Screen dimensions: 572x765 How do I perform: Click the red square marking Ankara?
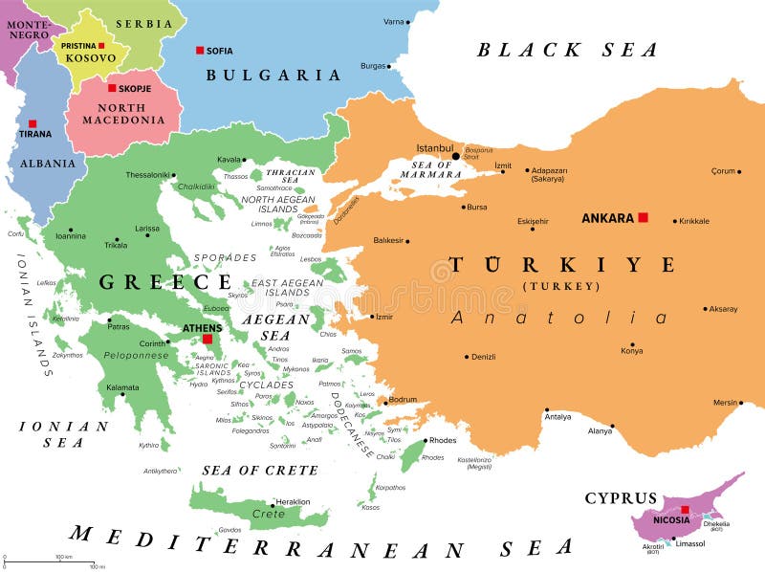point(644,217)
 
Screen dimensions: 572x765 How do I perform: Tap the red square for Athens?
point(207,339)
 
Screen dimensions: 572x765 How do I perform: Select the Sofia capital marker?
point(200,51)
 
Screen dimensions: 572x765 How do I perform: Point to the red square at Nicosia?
point(685,510)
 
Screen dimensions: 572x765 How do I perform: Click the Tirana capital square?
point(33,122)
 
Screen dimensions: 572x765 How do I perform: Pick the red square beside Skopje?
point(112,88)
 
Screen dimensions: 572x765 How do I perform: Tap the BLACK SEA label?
point(568,50)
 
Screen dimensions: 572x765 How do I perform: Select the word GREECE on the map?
point(165,281)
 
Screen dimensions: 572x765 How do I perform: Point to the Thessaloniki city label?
point(148,175)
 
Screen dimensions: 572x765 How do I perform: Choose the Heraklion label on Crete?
point(292,501)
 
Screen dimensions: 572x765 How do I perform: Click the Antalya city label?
point(557,416)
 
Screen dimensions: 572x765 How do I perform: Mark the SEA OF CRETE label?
point(260,470)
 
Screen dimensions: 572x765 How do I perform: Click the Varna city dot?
point(408,21)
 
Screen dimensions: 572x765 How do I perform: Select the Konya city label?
point(632,350)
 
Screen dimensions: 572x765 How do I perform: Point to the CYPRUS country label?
point(622,498)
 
